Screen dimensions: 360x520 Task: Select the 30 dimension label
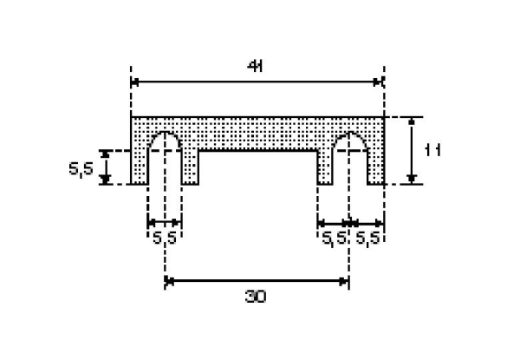tap(256, 297)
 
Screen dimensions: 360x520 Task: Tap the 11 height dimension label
tap(433, 150)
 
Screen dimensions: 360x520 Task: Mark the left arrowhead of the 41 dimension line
tap(136, 82)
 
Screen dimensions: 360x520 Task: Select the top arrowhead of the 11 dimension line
tap(412, 121)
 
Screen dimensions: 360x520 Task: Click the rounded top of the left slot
tap(165, 139)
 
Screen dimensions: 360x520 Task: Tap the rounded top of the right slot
tap(350, 139)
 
